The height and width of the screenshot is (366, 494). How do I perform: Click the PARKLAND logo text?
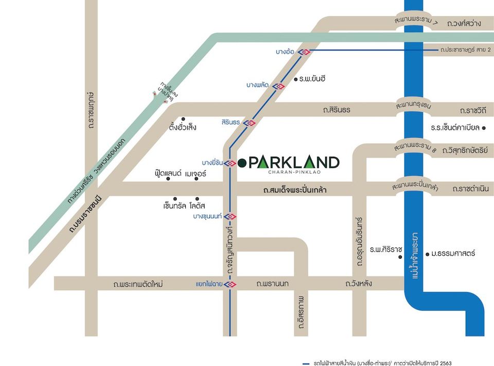(x=294, y=162)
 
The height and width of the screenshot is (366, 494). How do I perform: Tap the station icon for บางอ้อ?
(x=306, y=52)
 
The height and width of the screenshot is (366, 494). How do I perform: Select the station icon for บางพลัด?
(x=278, y=86)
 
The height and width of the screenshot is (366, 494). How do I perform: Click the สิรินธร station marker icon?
(x=250, y=123)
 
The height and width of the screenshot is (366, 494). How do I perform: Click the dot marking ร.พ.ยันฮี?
(x=295, y=79)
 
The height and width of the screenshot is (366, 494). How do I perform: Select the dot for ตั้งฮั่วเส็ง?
(x=183, y=119)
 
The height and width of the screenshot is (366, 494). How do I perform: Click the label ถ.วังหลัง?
(x=359, y=284)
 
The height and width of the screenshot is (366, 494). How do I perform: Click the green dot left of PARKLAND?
(x=242, y=163)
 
